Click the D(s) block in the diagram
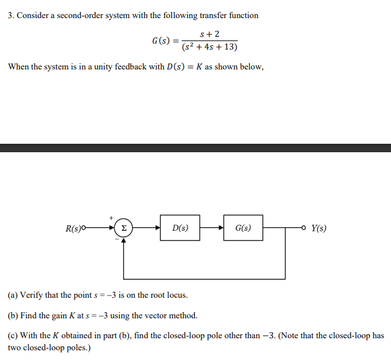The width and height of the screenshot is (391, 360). pyautogui.click(x=180, y=228)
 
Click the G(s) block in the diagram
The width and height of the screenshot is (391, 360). pyautogui.click(x=243, y=228)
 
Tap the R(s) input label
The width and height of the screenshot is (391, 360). pyautogui.click(x=75, y=228)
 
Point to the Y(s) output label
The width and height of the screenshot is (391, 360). pyautogui.click(x=320, y=228)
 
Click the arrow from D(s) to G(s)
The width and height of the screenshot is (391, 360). pyautogui.click(x=212, y=228)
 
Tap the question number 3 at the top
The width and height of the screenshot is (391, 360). pyautogui.click(x=10, y=15)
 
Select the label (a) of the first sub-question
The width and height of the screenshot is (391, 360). pyautogui.click(x=13, y=295)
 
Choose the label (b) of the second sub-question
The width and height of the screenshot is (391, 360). pyautogui.click(x=13, y=315)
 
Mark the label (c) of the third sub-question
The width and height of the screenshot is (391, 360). pyautogui.click(x=13, y=336)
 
